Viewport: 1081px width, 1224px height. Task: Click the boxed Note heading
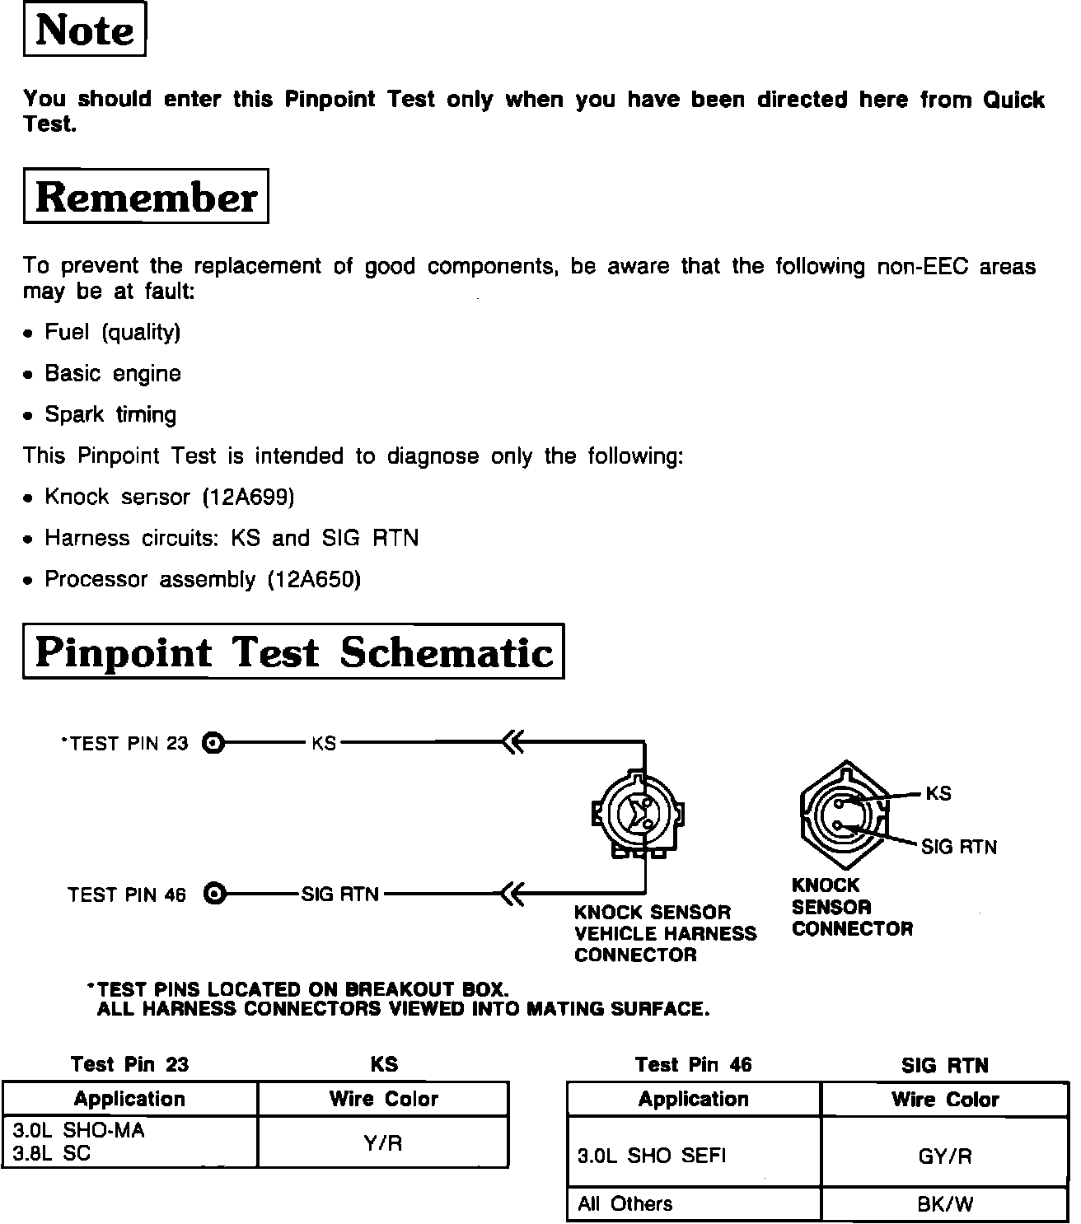[x=85, y=30]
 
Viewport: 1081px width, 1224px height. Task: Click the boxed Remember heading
[x=146, y=196]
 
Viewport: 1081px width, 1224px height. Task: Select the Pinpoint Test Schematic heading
[x=293, y=652]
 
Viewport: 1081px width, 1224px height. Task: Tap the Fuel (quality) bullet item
[x=112, y=332]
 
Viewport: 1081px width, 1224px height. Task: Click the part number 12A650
[x=314, y=579]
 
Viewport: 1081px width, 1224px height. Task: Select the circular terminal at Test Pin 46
[x=213, y=894]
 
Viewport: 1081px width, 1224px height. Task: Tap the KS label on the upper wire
[x=324, y=743]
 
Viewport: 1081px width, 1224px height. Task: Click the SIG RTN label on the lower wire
[x=340, y=895]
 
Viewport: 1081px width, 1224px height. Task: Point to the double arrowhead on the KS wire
[x=512, y=742]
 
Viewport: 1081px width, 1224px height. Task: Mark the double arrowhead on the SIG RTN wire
[x=512, y=894]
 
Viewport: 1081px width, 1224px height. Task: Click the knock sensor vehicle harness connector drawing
[x=639, y=814]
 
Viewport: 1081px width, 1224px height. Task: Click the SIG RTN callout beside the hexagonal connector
[x=958, y=847]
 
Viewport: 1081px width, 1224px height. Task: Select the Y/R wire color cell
[x=383, y=1142]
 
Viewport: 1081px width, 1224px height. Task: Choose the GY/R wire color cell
[x=945, y=1156]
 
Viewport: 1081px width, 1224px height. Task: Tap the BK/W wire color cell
[x=945, y=1204]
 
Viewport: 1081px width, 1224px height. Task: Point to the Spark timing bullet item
[x=110, y=414]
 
